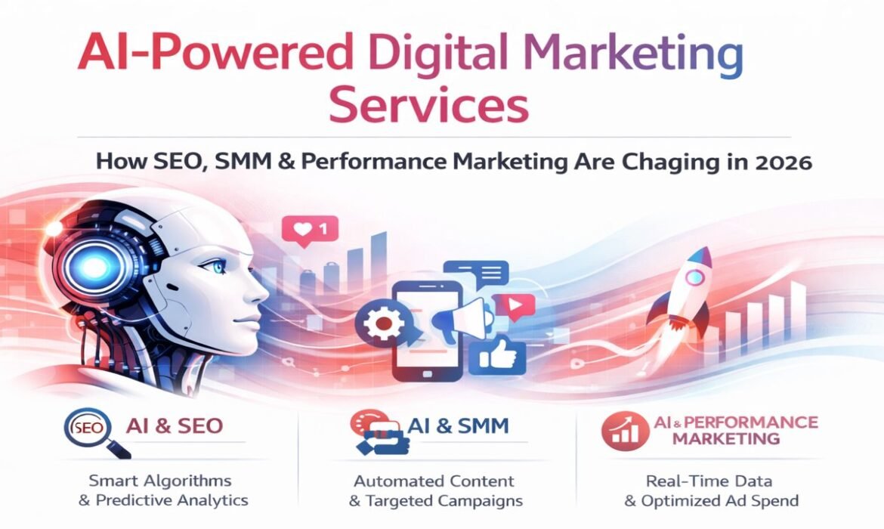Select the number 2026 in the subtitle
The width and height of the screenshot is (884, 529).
[781, 162]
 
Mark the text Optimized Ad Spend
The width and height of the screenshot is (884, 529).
[731, 500]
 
